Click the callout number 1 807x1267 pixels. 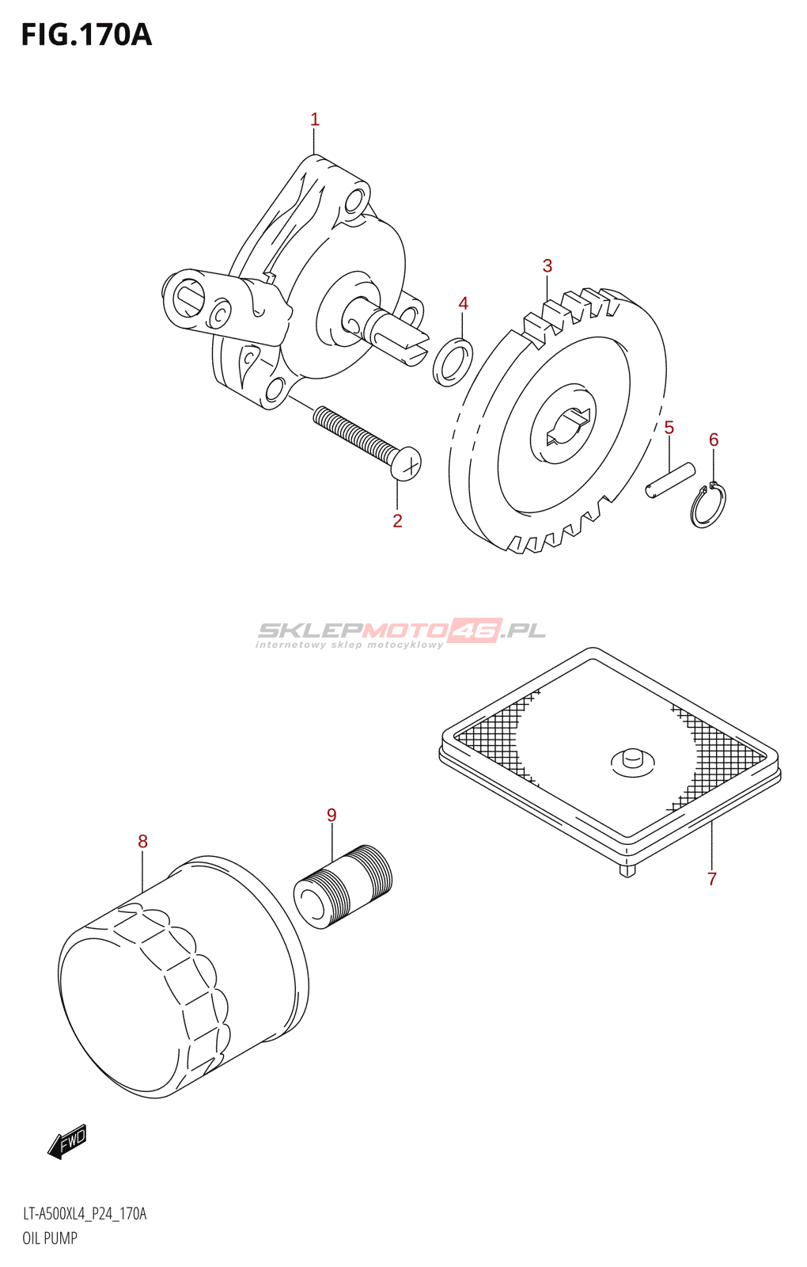pyautogui.click(x=314, y=120)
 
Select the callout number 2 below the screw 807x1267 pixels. pyautogui.click(x=397, y=520)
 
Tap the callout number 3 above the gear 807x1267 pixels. pyautogui.click(x=547, y=266)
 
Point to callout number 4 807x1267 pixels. pyautogui.click(x=463, y=303)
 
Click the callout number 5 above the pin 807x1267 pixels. pyautogui.click(x=669, y=428)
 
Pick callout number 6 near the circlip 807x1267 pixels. pyautogui.click(x=714, y=439)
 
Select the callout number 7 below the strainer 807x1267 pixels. pyautogui.click(x=712, y=878)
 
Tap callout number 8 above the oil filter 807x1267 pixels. pyautogui.click(x=142, y=841)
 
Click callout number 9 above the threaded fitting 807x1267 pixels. pyautogui.click(x=332, y=815)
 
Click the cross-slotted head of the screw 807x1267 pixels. pyautogui.click(x=406, y=464)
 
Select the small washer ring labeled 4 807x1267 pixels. pyautogui.click(x=453, y=361)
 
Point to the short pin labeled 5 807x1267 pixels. pyautogui.click(x=669, y=481)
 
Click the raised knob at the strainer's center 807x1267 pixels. pyautogui.click(x=632, y=758)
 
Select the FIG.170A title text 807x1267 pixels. pyautogui.click(x=85, y=35)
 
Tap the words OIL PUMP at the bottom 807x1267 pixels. pyautogui.click(x=50, y=1238)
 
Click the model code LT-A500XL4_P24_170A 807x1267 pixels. pyautogui.click(x=84, y=1214)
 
